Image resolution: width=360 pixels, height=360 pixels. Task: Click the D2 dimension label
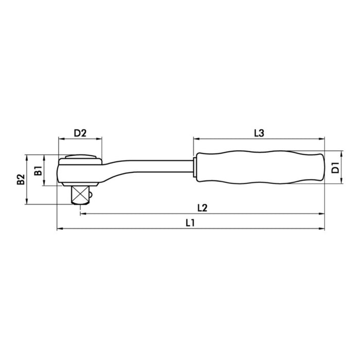(x=80, y=133)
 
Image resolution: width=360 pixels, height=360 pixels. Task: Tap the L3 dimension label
(x=259, y=133)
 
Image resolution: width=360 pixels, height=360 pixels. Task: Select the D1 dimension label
(x=335, y=167)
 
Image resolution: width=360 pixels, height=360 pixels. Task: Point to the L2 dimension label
(x=202, y=208)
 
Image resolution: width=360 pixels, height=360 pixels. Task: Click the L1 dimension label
(x=190, y=223)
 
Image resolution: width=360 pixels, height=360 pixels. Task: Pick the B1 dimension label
(x=38, y=170)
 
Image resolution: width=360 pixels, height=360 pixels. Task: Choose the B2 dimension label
(x=21, y=179)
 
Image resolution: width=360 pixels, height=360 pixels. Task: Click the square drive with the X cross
(x=80, y=195)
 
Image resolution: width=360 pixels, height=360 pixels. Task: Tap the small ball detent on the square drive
(x=91, y=195)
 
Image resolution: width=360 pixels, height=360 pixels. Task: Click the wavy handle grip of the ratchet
(x=261, y=167)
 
